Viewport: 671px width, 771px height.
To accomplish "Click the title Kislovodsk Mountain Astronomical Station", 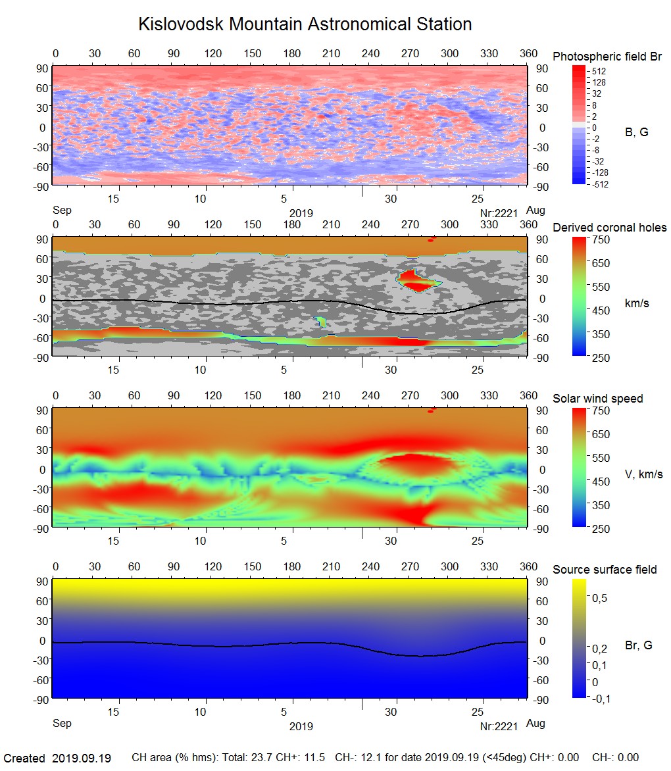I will click(x=305, y=24).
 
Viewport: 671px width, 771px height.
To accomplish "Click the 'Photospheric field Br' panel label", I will click(x=607, y=57).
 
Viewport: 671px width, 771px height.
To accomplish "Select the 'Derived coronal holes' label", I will click(x=609, y=228).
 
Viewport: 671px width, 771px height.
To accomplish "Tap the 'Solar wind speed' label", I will click(x=597, y=399).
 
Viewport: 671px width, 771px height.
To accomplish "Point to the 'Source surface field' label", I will click(x=605, y=569).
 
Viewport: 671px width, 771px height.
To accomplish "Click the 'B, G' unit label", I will click(x=636, y=132).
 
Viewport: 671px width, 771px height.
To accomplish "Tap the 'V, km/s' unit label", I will click(x=643, y=474).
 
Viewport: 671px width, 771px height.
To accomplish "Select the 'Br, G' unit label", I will click(x=638, y=645).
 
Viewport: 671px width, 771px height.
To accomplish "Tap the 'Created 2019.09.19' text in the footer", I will click(x=57, y=759).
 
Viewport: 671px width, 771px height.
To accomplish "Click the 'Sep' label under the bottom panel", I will click(x=62, y=724).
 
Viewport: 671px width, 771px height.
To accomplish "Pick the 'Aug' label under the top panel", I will click(x=536, y=211).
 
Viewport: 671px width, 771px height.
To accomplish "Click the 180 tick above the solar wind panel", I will click(x=291, y=396).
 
